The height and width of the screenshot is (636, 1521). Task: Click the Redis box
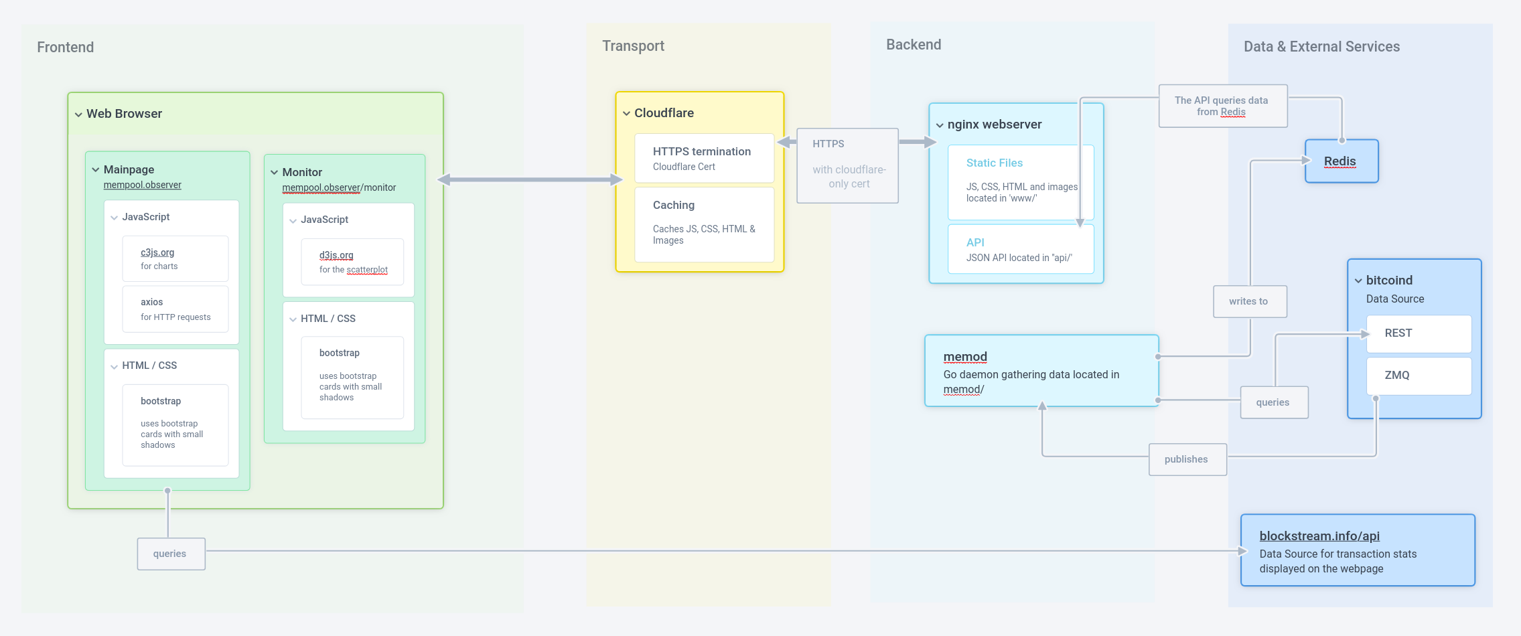coord(1341,161)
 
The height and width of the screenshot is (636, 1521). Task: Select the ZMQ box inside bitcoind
coord(1418,376)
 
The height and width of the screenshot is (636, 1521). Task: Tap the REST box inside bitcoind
coord(1418,333)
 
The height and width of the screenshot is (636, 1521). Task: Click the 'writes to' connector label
coord(1249,301)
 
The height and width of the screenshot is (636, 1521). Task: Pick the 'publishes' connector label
coord(1187,459)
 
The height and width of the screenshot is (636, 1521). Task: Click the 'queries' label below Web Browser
coord(170,554)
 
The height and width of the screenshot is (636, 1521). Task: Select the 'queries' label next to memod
coord(1273,402)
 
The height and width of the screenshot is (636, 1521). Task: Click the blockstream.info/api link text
coord(1319,536)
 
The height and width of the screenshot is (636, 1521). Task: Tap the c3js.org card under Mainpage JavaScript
coord(175,258)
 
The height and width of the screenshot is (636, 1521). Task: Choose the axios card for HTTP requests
coord(175,309)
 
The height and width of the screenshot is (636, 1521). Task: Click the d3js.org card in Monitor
coord(352,261)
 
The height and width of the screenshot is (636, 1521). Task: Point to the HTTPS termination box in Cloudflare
coord(704,158)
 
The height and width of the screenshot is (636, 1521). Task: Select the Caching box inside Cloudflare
coord(704,224)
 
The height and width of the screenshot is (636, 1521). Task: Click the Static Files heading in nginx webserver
coord(994,163)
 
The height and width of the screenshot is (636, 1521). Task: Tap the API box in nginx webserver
coord(1020,249)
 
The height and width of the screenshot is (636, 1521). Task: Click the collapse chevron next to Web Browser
coord(78,114)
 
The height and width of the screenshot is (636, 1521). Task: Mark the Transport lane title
coord(633,46)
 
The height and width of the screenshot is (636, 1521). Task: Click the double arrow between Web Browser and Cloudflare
coord(530,179)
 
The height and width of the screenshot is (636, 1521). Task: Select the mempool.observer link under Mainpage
coord(142,185)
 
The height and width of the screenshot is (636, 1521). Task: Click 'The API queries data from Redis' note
coord(1222,106)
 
